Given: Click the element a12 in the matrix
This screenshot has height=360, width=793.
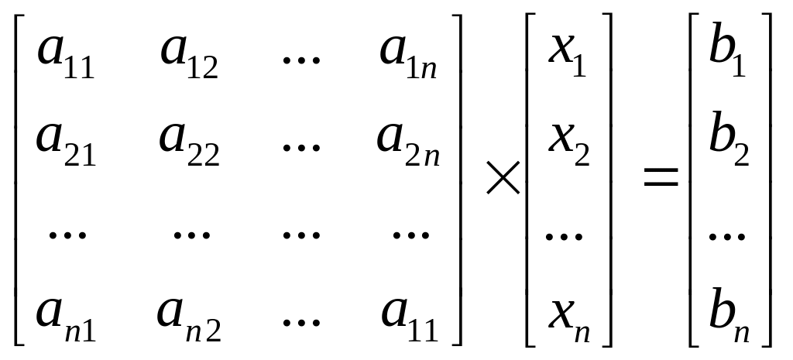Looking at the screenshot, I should pos(189,57).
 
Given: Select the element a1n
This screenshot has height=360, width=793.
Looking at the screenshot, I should pos(409,57).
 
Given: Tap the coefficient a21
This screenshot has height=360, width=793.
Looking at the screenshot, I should pos(67,144).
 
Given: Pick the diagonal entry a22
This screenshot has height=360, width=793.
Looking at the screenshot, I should pos(189,144).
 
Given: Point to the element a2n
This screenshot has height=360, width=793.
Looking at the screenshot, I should pos(409,144).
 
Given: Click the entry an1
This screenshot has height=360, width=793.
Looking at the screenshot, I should pos(65,319).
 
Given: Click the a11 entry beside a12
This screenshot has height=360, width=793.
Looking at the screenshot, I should pos(67,57).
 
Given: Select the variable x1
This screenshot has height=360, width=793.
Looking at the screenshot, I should pos(568,57).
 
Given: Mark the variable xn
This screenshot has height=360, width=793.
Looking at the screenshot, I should pos(568,319).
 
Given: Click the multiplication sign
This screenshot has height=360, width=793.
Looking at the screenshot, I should pos(503,182).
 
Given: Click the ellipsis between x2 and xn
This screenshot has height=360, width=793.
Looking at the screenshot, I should pos(564,235).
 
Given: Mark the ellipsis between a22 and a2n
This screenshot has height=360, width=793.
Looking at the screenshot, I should pos(300,147).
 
